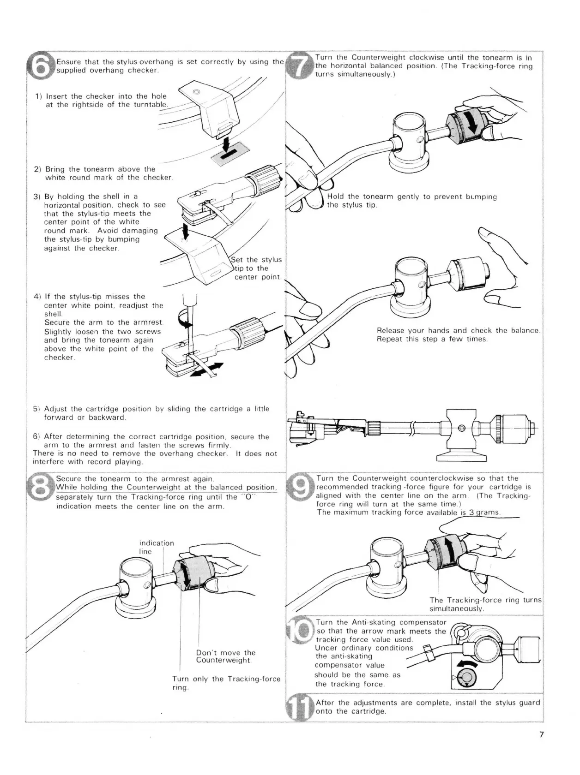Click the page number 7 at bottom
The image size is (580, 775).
pyautogui.click(x=541, y=748)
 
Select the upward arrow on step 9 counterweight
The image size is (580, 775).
pyautogui.click(x=447, y=549)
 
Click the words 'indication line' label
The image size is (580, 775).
pyautogui.click(x=157, y=547)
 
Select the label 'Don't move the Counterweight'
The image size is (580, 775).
pyautogui.click(x=226, y=656)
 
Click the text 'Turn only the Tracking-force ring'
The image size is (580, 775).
pyautogui.click(x=226, y=683)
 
